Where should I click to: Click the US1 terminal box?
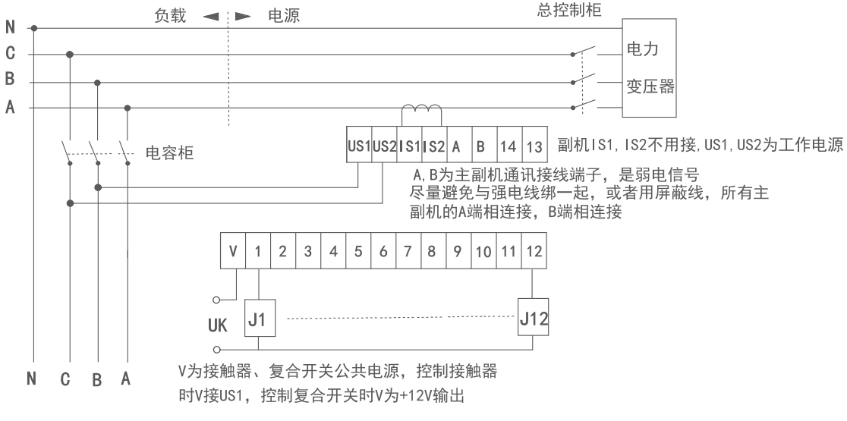coord(358,143)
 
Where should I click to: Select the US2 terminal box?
coord(384,143)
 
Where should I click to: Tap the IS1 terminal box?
coord(409,143)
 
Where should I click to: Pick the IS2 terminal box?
coord(434,143)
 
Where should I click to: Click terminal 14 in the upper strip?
coord(509,143)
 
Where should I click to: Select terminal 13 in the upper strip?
coord(534,143)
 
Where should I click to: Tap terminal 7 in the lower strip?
coord(407,250)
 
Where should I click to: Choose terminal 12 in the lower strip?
coord(533,250)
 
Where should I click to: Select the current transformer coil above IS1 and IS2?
coord(421,113)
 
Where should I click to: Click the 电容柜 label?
coord(169,155)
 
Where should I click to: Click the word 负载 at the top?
coord(165,16)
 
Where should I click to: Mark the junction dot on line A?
coord(127,108)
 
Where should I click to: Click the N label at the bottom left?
coord(32,378)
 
